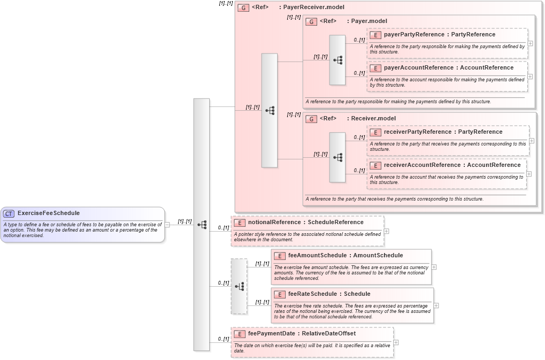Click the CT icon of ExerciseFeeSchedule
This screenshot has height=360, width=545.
tap(9, 213)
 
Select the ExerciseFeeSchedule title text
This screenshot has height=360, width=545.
tap(49, 213)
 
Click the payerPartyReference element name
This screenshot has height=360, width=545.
tap(414, 35)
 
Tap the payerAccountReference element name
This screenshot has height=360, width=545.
tap(418, 68)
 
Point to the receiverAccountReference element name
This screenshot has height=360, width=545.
tap(422, 165)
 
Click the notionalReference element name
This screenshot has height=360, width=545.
tap(275, 223)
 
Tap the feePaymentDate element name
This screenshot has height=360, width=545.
tap(272, 334)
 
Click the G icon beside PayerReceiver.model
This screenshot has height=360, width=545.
tap(243, 8)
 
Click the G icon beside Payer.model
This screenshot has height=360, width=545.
tap(311, 21)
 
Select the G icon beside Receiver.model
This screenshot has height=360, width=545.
tap(311, 119)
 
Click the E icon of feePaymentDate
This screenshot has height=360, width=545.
tap(240, 334)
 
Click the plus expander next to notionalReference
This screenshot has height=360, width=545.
tap(386, 232)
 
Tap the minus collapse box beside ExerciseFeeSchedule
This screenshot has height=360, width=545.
tap(167, 225)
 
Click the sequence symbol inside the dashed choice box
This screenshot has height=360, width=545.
tap(239, 286)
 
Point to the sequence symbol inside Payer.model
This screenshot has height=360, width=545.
tap(337, 60)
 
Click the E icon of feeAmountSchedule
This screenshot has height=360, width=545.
tap(280, 256)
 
